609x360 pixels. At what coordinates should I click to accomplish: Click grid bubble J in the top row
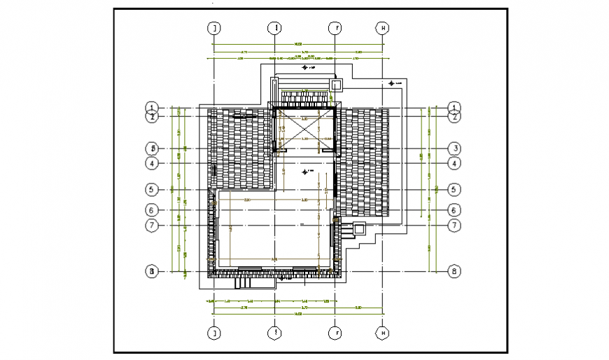click(214, 28)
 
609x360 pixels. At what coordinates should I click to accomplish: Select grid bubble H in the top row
click(383, 28)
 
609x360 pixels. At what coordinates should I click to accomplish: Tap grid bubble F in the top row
click(335, 28)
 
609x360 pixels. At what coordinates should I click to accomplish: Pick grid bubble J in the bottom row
click(214, 333)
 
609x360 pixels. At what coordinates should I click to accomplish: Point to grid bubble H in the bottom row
click(383, 333)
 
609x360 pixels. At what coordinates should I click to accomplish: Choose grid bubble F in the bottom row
click(335, 333)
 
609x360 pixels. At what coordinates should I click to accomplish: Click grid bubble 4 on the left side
click(151, 163)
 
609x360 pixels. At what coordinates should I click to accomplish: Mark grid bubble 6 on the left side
click(151, 209)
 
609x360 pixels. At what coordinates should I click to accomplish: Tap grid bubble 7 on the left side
click(151, 225)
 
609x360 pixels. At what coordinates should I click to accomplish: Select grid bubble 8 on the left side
click(151, 271)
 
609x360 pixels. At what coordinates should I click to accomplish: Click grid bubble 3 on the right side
click(454, 148)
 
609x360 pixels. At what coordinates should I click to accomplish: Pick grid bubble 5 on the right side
click(454, 189)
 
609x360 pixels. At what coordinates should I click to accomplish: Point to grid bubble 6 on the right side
click(454, 209)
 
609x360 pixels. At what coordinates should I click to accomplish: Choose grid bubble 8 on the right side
click(454, 271)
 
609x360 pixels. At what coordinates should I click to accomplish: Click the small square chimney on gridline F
click(336, 85)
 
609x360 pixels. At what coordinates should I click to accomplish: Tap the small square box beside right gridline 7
click(359, 228)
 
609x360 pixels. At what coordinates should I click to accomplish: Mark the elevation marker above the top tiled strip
click(306, 69)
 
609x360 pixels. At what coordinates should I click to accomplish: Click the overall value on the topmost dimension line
click(298, 45)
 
